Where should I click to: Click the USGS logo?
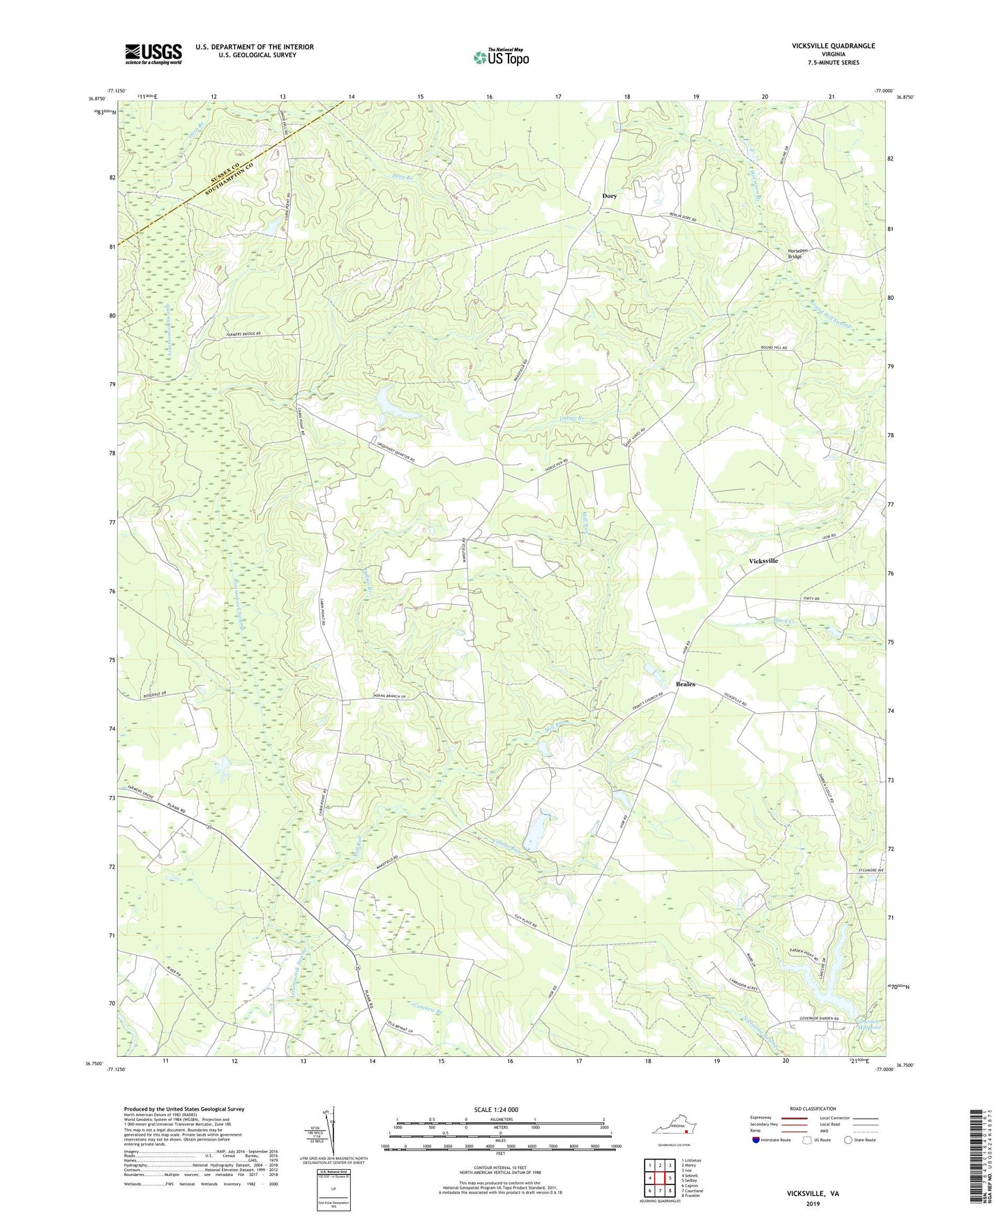(153, 53)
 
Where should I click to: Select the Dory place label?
(609, 196)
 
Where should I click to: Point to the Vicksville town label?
(763, 561)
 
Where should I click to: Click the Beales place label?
(685, 684)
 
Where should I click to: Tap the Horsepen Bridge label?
(795, 254)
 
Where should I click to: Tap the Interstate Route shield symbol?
(756, 1140)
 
